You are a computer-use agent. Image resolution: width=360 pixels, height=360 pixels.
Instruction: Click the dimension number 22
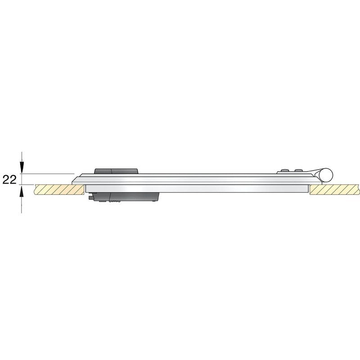point(9,180)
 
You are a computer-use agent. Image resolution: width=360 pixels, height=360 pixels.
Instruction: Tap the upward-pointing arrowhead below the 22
point(21,192)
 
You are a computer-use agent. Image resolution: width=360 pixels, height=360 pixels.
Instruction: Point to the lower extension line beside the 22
point(27,184)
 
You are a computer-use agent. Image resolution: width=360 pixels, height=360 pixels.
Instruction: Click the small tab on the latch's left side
point(91,197)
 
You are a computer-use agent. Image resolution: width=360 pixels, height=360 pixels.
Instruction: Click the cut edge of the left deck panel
point(84,189)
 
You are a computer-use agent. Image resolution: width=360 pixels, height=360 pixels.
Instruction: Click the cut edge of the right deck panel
point(310,189)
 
